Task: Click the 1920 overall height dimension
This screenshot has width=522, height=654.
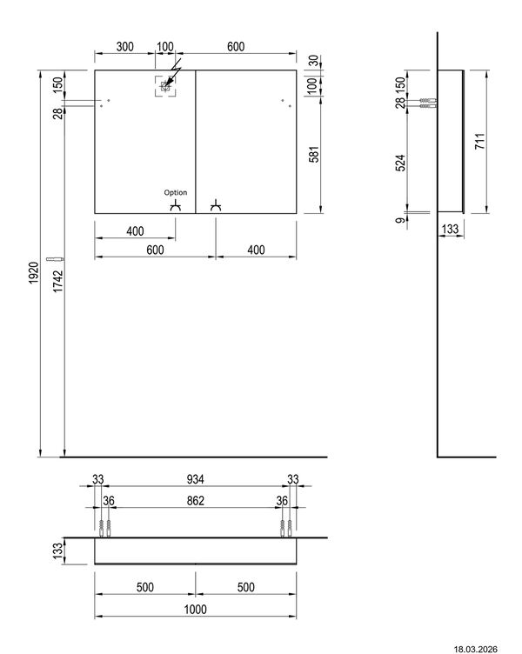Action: click(34, 273)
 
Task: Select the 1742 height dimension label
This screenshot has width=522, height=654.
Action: click(58, 281)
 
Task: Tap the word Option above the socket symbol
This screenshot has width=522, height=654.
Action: click(175, 192)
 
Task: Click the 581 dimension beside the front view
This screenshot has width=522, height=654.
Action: click(314, 154)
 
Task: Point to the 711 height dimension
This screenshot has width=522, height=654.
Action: click(479, 142)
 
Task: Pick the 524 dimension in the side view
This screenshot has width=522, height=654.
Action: click(399, 163)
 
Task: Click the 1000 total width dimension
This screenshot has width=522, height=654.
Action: click(195, 610)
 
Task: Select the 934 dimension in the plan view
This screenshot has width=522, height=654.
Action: click(195, 479)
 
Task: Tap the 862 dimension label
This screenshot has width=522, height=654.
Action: click(195, 501)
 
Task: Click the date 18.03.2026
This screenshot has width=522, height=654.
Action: click(475, 649)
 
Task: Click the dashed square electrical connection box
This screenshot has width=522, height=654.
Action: click(165, 86)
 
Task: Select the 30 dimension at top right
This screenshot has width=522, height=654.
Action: click(314, 60)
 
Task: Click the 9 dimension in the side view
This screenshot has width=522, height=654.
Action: click(400, 220)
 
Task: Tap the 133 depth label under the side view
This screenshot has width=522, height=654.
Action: click(450, 229)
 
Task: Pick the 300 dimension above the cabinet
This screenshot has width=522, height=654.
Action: click(124, 46)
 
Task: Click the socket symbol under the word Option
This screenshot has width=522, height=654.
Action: click(175, 205)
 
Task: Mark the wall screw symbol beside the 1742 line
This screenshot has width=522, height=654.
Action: click(55, 259)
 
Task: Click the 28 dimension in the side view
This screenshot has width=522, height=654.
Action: click(399, 103)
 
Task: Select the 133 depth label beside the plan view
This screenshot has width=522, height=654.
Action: click(58, 551)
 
